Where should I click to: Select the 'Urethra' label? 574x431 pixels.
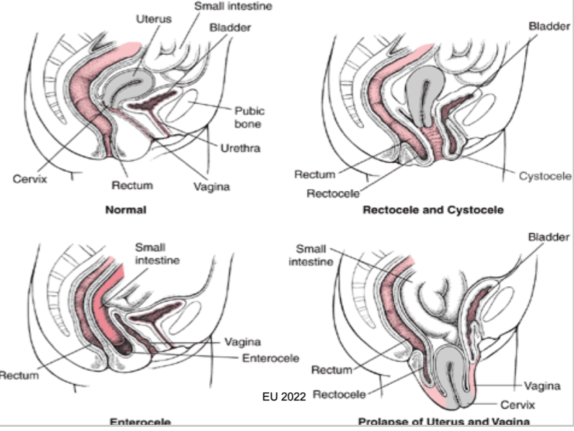[240, 149]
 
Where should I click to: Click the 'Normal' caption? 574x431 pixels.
[124, 209]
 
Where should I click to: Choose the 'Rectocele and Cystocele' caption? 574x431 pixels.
[433, 209]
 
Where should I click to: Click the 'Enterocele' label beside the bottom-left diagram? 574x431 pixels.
[270, 358]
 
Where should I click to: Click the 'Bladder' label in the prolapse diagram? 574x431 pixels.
[548, 237]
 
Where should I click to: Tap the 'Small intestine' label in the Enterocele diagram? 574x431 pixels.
[157, 253]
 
